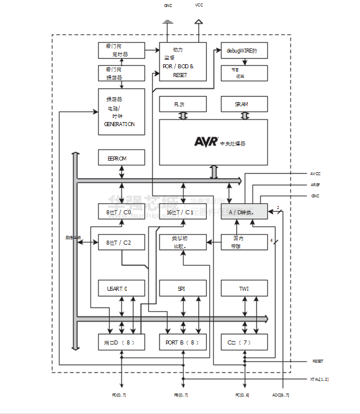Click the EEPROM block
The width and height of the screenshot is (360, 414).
point(121,158)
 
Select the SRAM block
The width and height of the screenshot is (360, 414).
point(244,104)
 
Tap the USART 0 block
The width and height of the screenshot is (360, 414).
point(121,288)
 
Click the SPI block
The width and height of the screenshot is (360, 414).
point(183,288)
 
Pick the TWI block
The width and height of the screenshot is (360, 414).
point(244,288)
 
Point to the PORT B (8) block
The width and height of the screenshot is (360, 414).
point(183,342)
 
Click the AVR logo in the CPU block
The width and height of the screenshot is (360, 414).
point(206,142)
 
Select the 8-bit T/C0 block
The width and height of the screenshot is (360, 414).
point(121,212)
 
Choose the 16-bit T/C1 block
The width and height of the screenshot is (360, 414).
point(183,212)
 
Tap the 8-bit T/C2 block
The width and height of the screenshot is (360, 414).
point(121,242)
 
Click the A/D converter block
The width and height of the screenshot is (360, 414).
point(244,212)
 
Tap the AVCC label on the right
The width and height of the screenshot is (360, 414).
point(315,174)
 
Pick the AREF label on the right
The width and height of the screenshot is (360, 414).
point(315,185)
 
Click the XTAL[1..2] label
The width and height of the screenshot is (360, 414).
point(319,380)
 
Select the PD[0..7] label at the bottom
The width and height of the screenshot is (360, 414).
point(119,395)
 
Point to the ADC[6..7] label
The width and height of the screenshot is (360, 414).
point(281,395)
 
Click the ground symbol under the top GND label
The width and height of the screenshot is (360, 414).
point(168,23)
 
